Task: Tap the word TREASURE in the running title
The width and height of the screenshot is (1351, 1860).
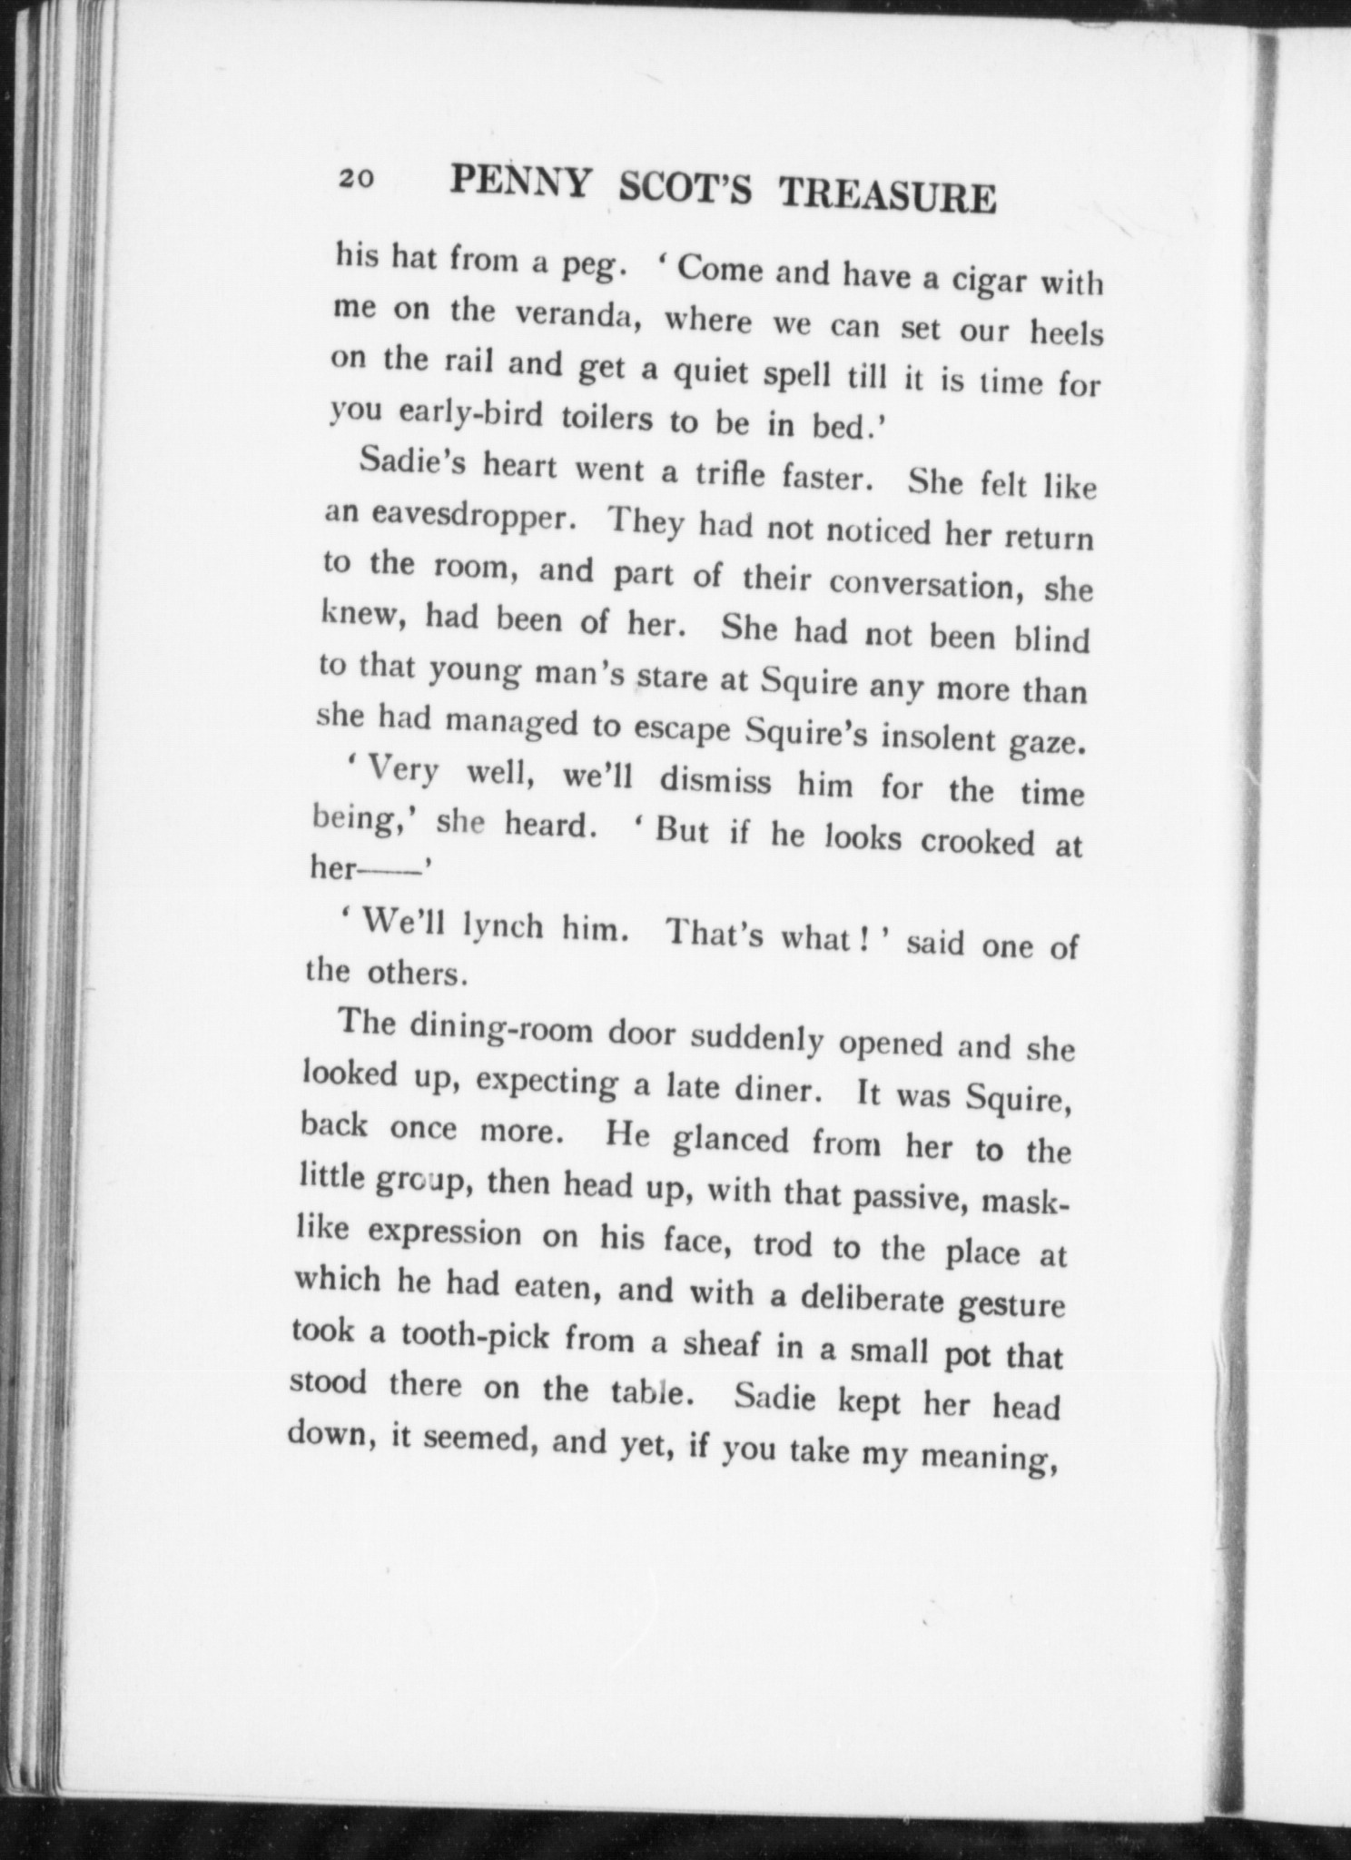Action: pyautogui.click(x=888, y=194)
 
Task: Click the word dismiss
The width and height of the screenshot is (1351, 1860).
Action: pyautogui.click(x=715, y=780)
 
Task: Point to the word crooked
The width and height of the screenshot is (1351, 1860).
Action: pyautogui.click(x=977, y=841)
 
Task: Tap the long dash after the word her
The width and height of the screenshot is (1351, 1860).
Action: pyautogui.click(x=392, y=870)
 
